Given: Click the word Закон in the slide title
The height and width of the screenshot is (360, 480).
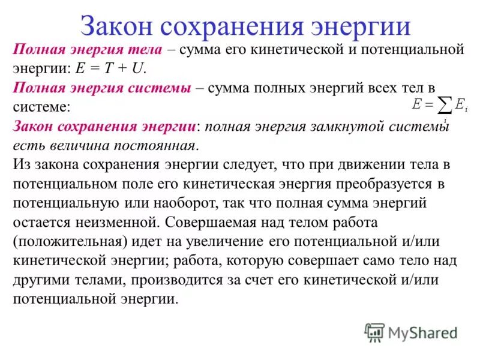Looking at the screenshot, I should click(x=115, y=28).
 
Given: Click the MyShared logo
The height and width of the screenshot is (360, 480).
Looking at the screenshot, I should click(x=412, y=332).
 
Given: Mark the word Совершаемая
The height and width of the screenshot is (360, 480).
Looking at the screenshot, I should click(x=209, y=222).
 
